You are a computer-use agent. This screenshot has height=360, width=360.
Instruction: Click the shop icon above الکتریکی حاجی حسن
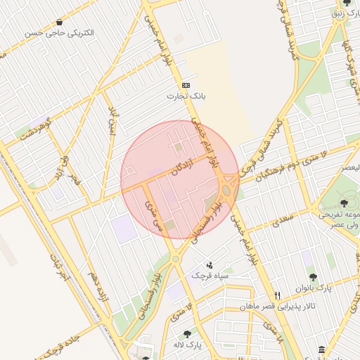[x=58, y=22]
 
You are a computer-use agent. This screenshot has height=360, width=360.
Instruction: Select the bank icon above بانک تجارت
[x=186, y=84]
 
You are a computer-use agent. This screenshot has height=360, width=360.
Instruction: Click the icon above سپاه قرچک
[x=210, y=265]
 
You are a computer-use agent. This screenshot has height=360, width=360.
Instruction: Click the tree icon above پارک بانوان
[x=313, y=277]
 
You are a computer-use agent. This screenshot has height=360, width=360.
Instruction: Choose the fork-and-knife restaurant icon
[x=278, y=296]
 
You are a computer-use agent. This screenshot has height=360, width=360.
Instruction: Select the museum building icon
[x=321, y=349]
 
